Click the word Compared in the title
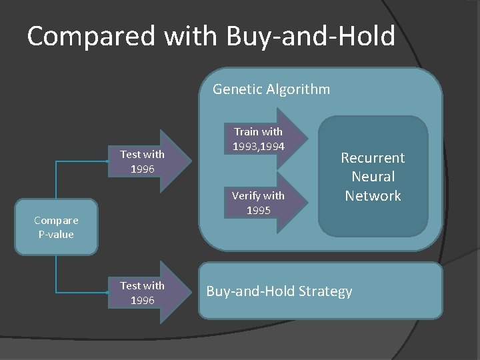88,37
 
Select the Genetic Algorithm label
271,89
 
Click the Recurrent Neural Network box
373,177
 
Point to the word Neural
373,177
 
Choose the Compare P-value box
57,227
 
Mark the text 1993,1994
258,145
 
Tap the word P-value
57,234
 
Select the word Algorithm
298,89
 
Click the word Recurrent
373,158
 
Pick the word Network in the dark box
373,196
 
